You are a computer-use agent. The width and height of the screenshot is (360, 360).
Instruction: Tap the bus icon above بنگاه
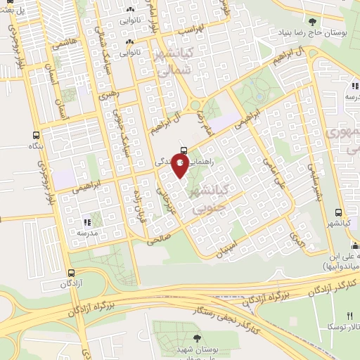(x=37, y=135)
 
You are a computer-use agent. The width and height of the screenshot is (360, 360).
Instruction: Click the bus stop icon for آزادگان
(x=72, y=273)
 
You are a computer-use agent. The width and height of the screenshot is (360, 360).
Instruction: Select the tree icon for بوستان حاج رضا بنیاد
(x=312, y=23)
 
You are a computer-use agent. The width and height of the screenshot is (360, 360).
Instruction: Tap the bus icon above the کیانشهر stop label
(x=339, y=212)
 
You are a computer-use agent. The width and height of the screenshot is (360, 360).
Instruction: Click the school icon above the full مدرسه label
(x=88, y=222)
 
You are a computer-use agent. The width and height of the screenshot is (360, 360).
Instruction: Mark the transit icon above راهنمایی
(x=184, y=150)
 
